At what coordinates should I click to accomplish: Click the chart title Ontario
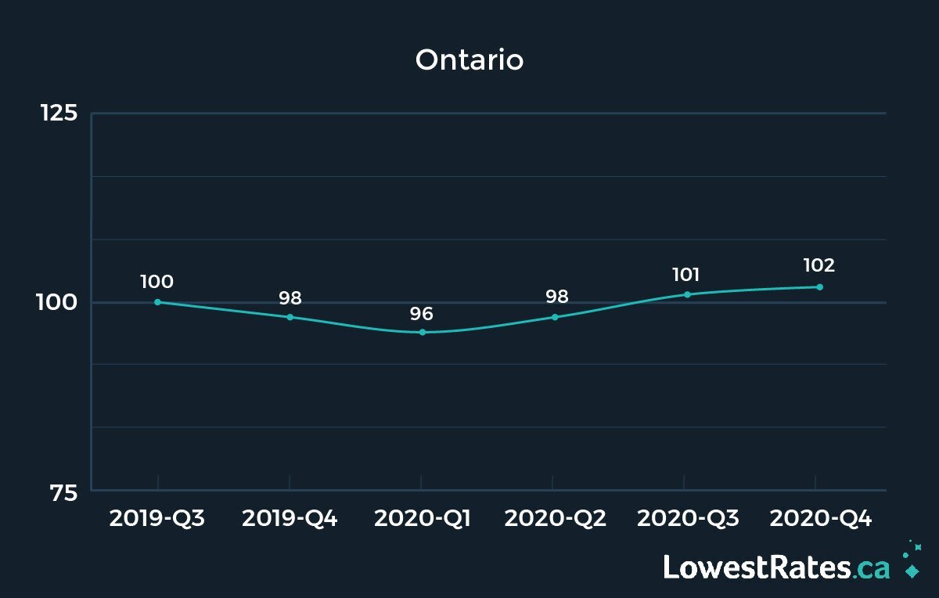469,59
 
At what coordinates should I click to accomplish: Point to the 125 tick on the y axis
59,113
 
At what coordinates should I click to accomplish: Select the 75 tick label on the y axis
64,492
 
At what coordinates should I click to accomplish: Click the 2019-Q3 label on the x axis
157,518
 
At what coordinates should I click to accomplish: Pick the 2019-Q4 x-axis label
290,518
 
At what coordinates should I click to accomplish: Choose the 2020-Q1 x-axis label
422,518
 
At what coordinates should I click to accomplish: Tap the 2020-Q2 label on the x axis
554,518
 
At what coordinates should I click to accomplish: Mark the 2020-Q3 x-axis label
687,518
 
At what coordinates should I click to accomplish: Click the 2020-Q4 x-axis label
819,518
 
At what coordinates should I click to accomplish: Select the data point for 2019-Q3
157,302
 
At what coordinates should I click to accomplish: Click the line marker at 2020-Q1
423,333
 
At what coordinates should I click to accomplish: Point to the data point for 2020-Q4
819,286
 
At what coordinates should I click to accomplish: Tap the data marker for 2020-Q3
687,294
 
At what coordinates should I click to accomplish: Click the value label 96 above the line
422,314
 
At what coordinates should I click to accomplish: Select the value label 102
818,265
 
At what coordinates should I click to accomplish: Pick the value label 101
686,275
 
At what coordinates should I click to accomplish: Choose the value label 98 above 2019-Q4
290,298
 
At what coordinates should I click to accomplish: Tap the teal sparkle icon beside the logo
911,560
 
